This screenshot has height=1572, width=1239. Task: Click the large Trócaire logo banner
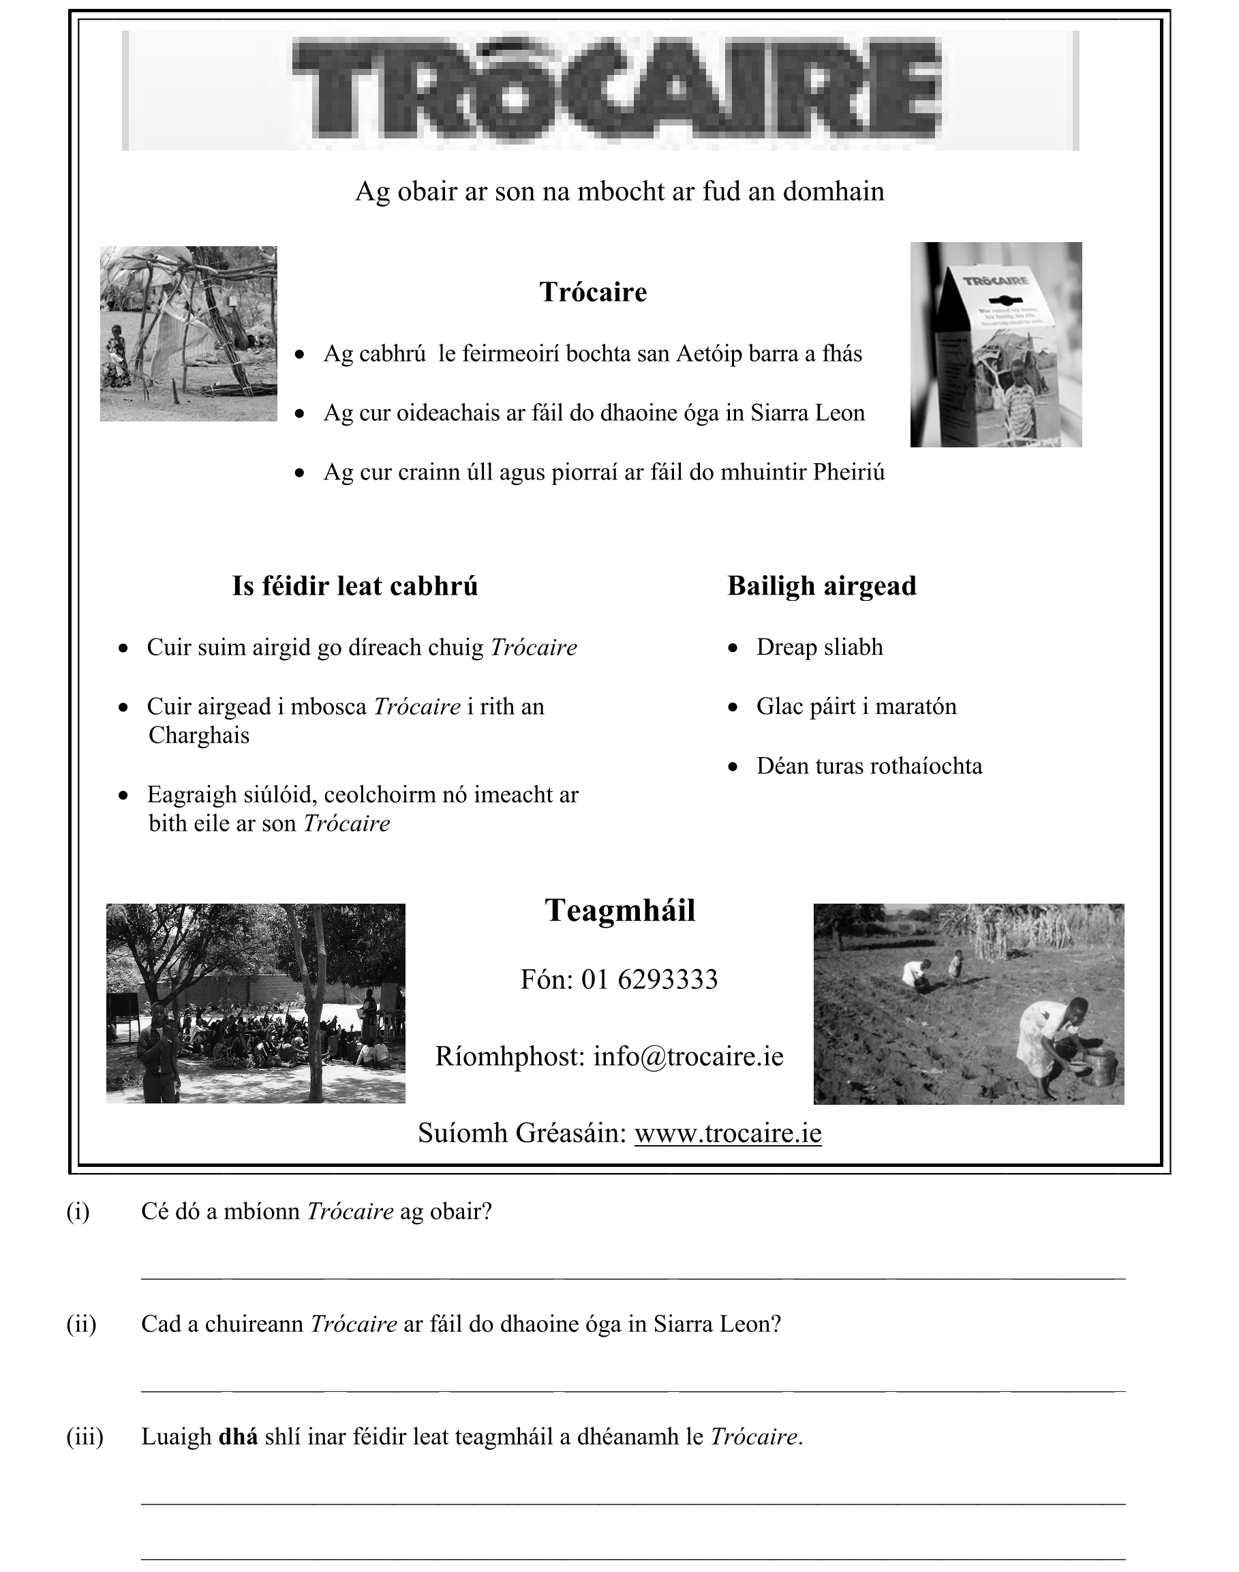point(600,91)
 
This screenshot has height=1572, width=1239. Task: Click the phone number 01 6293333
point(649,980)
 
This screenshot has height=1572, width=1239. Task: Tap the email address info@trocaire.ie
point(688,1056)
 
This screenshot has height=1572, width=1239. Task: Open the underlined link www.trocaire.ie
point(728,1133)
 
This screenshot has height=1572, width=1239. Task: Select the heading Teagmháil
point(620,911)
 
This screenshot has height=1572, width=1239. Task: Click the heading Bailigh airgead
point(822,586)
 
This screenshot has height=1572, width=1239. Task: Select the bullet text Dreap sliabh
point(820,647)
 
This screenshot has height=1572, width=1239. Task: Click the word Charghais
point(199,735)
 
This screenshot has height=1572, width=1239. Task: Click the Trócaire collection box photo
point(995,344)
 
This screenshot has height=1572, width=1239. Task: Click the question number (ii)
point(81,1324)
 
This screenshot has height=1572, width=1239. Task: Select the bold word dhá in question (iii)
point(238,1437)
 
